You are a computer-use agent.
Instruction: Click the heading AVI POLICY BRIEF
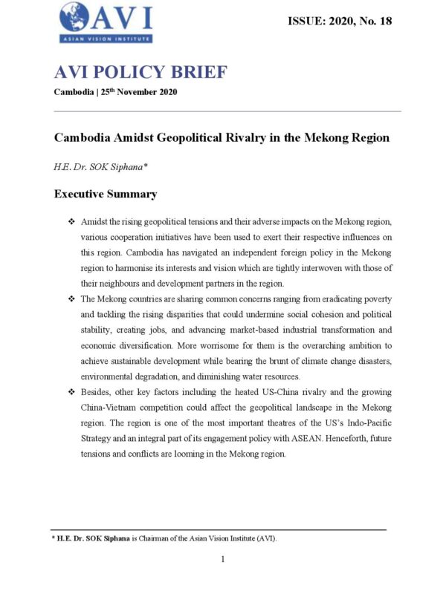pyautogui.click(x=140, y=72)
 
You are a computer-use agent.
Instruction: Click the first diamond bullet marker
pyautogui.click(x=71, y=222)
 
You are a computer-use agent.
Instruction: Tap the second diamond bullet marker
pyautogui.click(x=71, y=298)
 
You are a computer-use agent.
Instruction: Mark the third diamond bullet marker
pyautogui.click(x=71, y=390)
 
